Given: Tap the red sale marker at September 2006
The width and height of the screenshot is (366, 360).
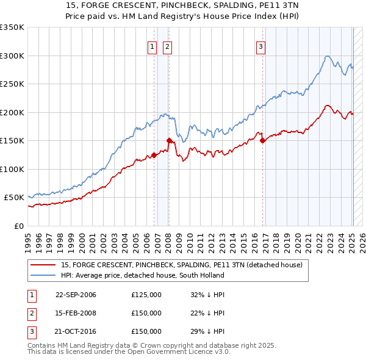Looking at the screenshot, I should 154,155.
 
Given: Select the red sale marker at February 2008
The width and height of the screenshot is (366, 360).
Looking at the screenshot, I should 169,140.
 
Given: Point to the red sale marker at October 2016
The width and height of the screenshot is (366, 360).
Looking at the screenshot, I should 262,140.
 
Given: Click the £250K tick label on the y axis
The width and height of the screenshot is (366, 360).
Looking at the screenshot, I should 12,84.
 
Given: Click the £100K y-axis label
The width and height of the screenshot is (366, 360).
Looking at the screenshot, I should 12,169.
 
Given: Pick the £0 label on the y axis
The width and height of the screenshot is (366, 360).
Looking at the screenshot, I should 18,226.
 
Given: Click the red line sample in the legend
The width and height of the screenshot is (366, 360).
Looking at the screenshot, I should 43,265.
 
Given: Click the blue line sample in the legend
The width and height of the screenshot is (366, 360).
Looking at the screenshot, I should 43,275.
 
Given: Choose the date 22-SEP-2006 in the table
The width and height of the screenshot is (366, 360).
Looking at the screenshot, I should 76,295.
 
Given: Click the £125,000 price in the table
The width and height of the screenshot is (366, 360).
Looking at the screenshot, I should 146,295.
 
